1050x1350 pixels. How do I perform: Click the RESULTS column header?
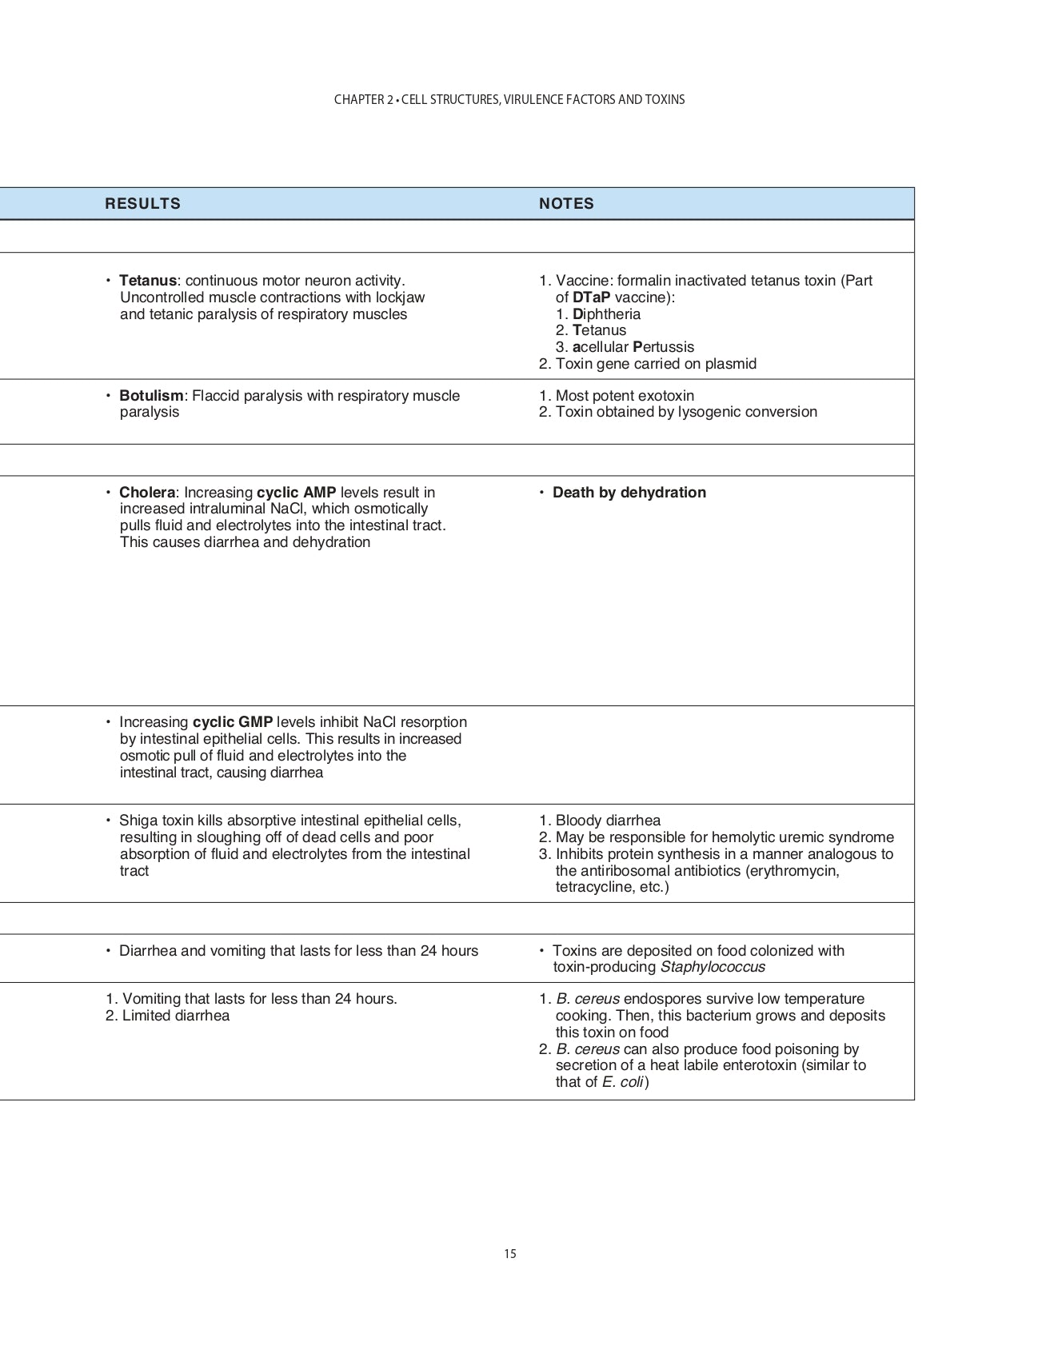[142, 204]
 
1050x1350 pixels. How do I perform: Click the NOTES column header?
[566, 204]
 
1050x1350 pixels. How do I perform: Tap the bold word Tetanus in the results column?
[147, 281]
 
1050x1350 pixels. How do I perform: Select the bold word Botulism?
[151, 396]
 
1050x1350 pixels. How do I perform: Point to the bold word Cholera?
[147, 493]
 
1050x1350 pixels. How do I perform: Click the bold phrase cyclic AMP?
[296, 493]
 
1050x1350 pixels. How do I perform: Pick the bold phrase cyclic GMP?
[233, 722]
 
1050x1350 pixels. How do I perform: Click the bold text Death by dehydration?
[629, 493]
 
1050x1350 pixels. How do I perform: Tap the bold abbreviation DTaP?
[591, 298]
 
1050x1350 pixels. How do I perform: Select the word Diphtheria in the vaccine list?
[606, 314]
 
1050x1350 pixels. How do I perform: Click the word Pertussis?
[663, 347]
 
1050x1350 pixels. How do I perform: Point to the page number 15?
[510, 1254]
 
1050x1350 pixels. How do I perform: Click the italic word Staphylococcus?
[713, 967]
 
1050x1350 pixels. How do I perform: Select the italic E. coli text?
[623, 1082]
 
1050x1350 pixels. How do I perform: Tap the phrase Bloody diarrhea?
[608, 821]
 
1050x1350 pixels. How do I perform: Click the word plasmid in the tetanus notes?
[730, 364]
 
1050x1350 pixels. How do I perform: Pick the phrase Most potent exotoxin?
[625, 396]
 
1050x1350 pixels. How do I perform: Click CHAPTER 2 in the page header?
[364, 100]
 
